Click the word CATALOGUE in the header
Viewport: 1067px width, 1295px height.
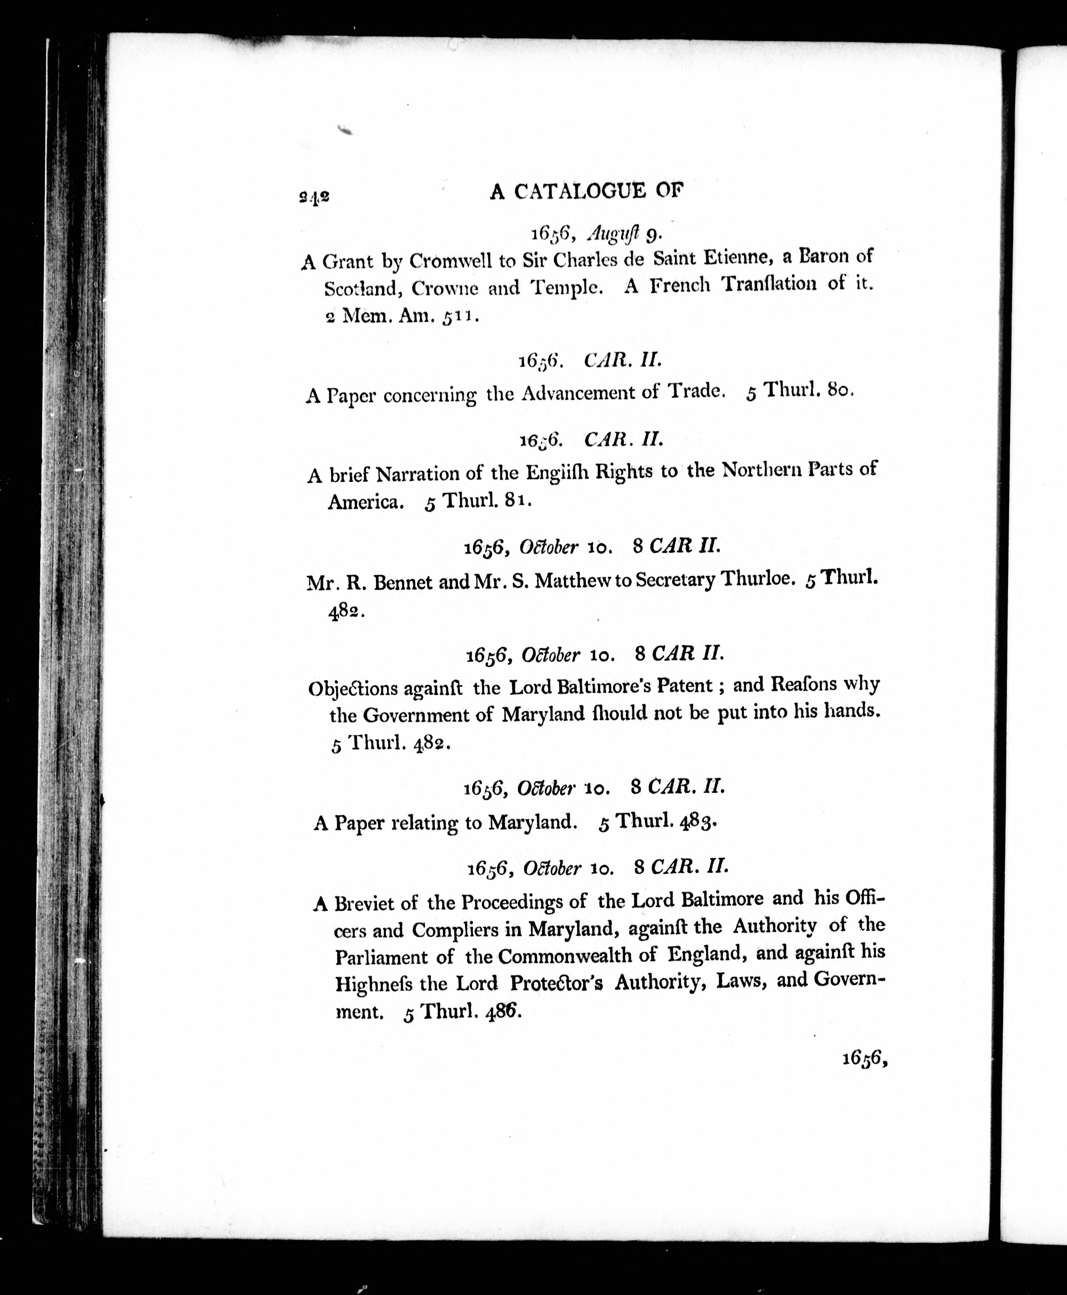(580, 192)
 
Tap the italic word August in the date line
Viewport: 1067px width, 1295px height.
(613, 233)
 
